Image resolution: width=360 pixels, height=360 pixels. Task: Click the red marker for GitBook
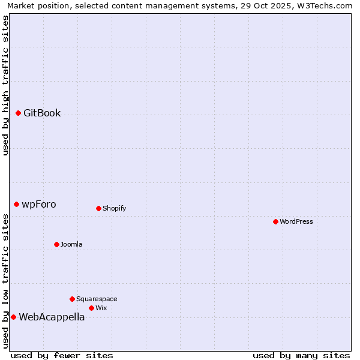(18, 113)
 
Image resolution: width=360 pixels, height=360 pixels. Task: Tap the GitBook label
(42, 113)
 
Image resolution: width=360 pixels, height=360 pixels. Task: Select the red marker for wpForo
(16, 204)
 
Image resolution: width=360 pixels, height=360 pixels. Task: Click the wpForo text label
(39, 204)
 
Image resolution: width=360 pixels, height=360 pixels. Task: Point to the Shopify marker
(98, 208)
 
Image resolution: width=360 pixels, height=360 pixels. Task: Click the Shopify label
(114, 208)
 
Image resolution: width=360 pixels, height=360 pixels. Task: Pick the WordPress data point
(275, 221)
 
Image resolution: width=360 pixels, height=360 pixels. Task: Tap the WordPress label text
(296, 221)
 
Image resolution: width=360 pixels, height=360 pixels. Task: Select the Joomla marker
(56, 244)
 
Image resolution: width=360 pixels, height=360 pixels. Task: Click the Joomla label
(71, 244)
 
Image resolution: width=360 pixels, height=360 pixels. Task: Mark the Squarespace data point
(72, 299)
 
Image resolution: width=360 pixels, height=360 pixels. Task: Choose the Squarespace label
(97, 299)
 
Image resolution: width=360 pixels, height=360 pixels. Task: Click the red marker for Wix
(91, 308)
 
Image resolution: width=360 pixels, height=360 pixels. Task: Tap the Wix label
(101, 308)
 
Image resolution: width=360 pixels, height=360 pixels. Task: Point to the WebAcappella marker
(13, 317)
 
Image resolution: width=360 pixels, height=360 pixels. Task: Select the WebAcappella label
(52, 317)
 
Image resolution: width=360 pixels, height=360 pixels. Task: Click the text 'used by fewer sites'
(62, 355)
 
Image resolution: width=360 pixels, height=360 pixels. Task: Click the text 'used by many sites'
(301, 355)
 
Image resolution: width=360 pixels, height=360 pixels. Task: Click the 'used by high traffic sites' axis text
(5, 85)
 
